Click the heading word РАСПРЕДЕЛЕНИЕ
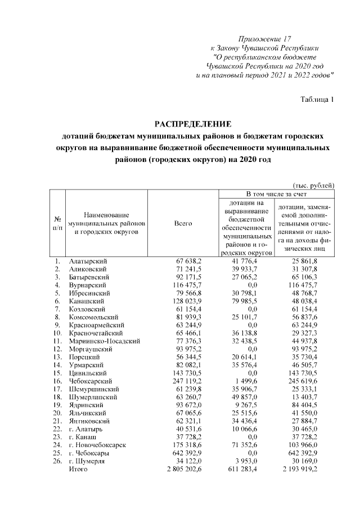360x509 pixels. (193, 124)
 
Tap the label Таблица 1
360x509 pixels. (318, 100)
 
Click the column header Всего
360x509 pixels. (183, 223)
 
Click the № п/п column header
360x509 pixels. (57, 223)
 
